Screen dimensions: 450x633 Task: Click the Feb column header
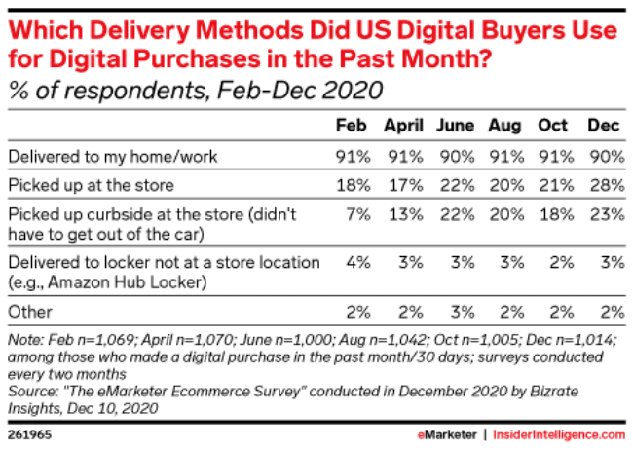click(351, 127)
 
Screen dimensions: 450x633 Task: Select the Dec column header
click(604, 127)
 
